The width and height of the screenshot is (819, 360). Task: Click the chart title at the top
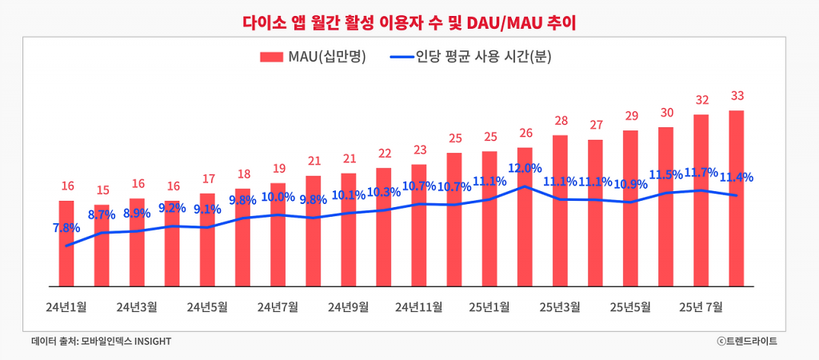tap(409, 21)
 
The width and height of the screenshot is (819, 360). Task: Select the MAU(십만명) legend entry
tap(312, 58)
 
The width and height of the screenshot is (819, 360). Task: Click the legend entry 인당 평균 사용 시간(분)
tap(472, 58)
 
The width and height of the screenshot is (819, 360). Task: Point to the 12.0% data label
tap(525, 168)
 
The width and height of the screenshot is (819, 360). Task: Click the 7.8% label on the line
tap(67, 228)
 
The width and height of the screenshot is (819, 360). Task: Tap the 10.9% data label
tap(630, 184)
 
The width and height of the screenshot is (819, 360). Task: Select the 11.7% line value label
tap(701, 172)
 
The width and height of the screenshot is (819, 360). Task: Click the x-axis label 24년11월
tap(419, 306)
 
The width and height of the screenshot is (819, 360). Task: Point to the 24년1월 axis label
tap(66, 306)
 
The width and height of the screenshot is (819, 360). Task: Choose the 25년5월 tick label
tap(630, 306)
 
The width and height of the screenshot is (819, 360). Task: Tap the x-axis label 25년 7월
tap(701, 306)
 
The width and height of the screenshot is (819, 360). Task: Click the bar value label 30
tap(666, 113)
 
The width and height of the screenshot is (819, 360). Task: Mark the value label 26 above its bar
tap(525, 133)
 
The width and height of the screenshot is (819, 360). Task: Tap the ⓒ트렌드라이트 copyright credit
tap(747, 342)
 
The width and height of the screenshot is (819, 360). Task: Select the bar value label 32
tap(701, 100)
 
